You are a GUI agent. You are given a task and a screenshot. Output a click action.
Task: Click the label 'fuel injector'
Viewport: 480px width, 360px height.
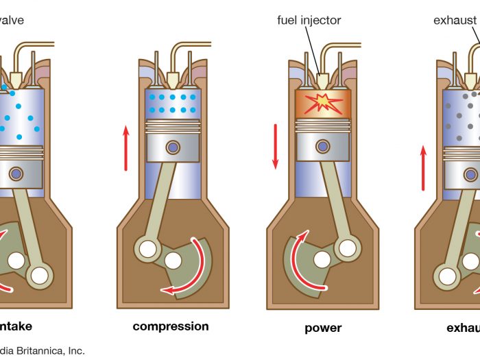(x=309, y=20)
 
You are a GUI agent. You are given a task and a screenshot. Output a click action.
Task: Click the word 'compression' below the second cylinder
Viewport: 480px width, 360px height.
(x=171, y=326)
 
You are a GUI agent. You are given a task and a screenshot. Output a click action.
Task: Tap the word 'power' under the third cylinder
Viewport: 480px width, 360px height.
(x=323, y=328)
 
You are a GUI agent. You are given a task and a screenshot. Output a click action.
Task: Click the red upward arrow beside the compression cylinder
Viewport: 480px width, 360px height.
(x=126, y=147)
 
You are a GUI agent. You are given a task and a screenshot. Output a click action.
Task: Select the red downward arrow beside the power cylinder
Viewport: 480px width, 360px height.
(x=276, y=146)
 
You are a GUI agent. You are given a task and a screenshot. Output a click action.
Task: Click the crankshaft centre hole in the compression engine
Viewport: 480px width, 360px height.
(x=173, y=261)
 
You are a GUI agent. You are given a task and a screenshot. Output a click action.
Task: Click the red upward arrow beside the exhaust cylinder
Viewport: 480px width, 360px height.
(x=423, y=168)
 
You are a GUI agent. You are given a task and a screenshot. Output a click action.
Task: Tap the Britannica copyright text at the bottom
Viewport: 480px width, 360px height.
(x=43, y=350)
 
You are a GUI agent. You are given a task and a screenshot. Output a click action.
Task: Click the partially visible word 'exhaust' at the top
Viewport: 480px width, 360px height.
(x=455, y=20)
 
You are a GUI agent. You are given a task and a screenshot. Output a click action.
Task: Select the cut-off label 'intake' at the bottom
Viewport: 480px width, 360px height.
(x=15, y=326)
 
